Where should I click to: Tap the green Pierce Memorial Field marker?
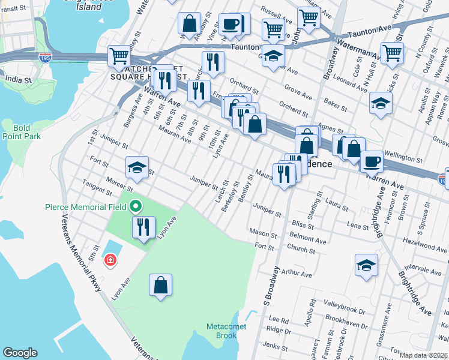coord(136,207)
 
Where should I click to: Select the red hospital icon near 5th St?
coord(110,260)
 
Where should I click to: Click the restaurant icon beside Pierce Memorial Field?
coord(143,227)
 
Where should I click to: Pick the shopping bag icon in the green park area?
coord(161,285)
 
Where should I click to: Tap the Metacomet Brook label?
coord(221,331)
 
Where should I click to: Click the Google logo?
coord(20,353)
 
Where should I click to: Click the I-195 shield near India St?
coord(44,58)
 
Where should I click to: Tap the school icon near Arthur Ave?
coord(366,265)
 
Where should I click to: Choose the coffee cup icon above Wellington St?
coord(372,161)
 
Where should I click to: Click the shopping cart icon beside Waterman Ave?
coord(392,52)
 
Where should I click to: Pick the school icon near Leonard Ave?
coord(381,103)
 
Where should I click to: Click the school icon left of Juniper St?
coord(137,167)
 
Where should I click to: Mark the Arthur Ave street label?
coord(297,274)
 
